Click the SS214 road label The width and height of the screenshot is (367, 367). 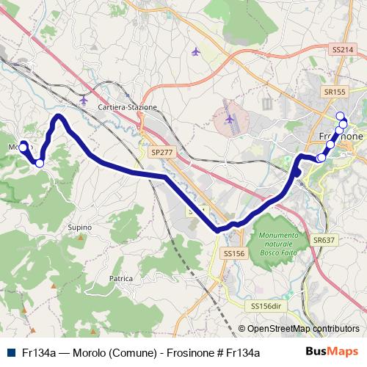tap(339, 48)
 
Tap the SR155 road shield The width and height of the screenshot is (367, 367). tap(333, 92)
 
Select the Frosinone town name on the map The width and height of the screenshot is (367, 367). tap(341, 137)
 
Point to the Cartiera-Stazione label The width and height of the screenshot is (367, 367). tap(128, 107)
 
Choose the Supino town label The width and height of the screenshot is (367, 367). tap(79, 228)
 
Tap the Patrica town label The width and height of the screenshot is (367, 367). tap(120, 279)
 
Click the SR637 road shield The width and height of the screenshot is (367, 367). tap(323, 240)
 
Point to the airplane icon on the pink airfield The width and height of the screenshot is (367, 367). tap(230, 118)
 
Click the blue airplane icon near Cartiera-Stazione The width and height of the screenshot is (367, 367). tap(83, 99)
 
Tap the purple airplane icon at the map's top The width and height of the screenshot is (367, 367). tap(195, 51)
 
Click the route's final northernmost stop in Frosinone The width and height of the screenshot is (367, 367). tap(339, 116)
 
